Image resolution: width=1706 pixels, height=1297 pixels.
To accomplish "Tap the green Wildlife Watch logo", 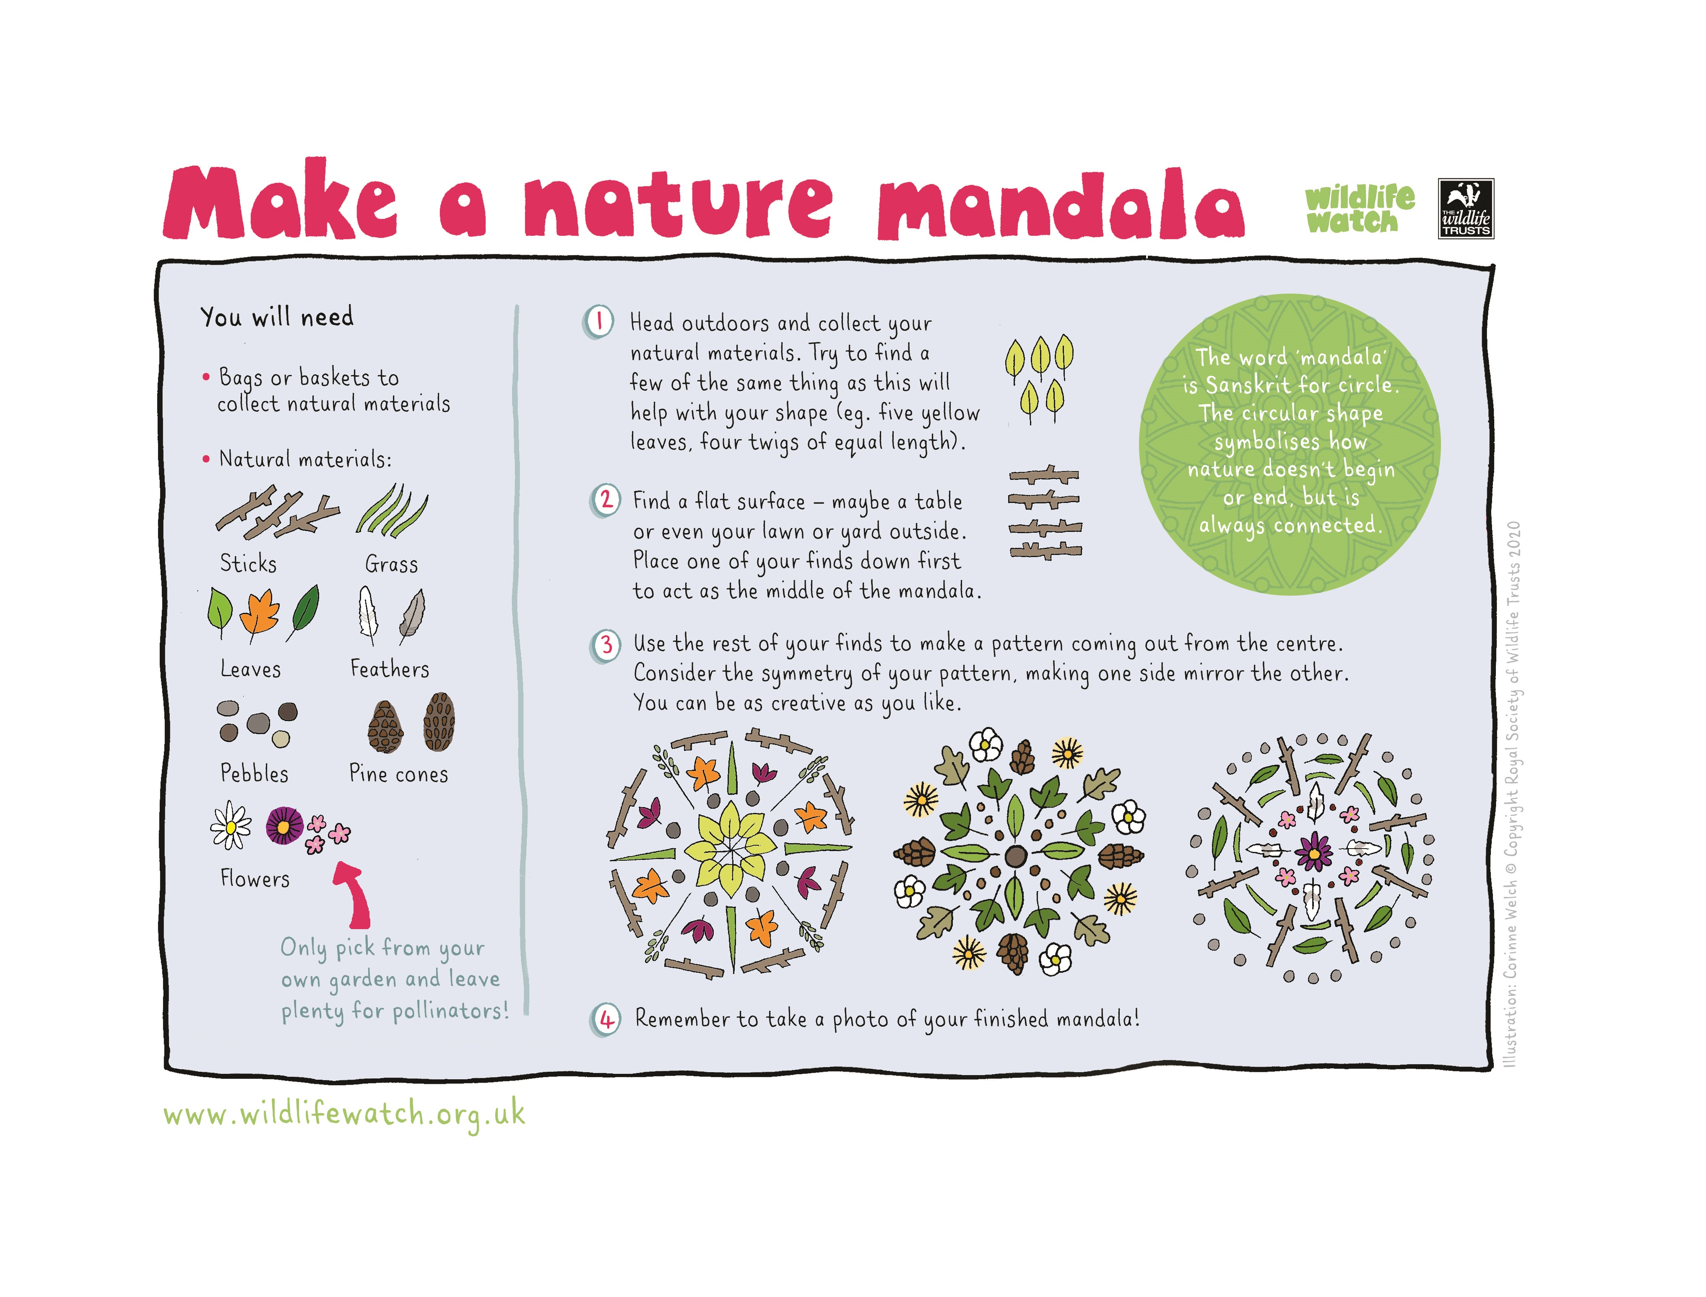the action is click(1360, 208).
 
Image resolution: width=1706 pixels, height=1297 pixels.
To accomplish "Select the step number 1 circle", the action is click(599, 321).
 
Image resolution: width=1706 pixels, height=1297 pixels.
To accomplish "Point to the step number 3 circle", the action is click(606, 645).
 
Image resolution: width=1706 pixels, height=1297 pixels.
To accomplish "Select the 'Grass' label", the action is click(391, 564).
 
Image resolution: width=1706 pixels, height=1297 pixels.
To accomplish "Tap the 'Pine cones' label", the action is click(398, 774).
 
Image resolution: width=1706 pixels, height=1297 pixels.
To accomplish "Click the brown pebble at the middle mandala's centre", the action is click(1016, 855).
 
